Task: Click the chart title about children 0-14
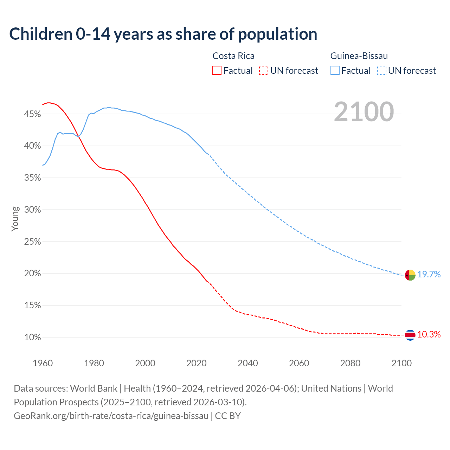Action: pyautogui.click(x=163, y=34)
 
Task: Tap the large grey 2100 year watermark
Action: pyautogui.click(x=364, y=112)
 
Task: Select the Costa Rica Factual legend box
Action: pyautogui.click(x=217, y=71)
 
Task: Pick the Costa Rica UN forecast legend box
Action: pyautogui.click(x=264, y=71)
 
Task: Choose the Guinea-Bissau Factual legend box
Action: pyautogui.click(x=335, y=71)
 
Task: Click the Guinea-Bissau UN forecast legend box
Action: pyautogui.click(x=382, y=71)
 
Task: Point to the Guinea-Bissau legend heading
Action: pyautogui.click(x=359, y=56)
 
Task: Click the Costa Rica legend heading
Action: pyautogui.click(x=233, y=56)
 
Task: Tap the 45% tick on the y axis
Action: pyautogui.click(x=32, y=114)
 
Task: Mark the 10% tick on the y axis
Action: pyautogui.click(x=32, y=337)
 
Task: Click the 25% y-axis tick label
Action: pyautogui.click(x=32, y=242)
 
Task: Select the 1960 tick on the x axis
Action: pyautogui.click(x=43, y=363)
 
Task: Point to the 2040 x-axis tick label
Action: pyautogui.click(x=248, y=363)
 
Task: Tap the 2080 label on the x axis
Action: pyautogui.click(x=350, y=363)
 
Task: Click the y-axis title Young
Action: pyautogui.click(x=15, y=219)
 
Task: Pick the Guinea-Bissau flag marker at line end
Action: pyautogui.click(x=410, y=275)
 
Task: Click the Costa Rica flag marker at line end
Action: pyautogui.click(x=410, y=335)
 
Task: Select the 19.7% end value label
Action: pyautogui.click(x=429, y=275)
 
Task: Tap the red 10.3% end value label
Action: pyautogui.click(x=429, y=335)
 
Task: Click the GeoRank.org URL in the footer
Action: pyautogui.click(x=111, y=416)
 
